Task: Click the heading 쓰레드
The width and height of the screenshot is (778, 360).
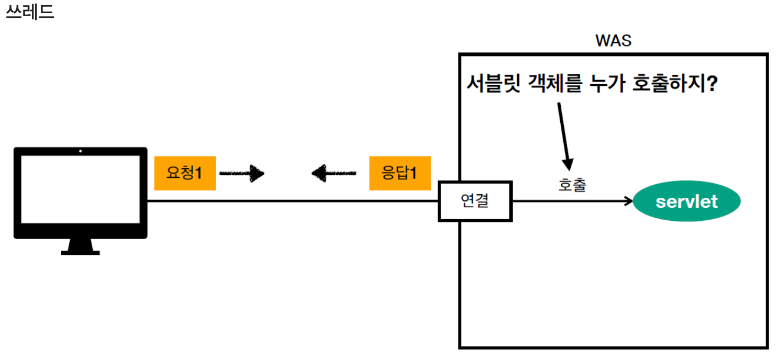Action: [x=30, y=12]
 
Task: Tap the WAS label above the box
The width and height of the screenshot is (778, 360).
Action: [x=613, y=41]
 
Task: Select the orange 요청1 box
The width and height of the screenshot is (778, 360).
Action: [x=185, y=173]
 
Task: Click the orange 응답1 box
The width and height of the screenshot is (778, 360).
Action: [x=399, y=173]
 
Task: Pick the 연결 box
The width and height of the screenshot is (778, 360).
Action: [x=475, y=201]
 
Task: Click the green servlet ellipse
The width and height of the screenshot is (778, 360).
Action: [x=686, y=201]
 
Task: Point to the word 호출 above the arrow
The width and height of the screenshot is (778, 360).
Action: [x=572, y=185]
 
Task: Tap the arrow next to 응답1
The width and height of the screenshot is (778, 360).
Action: [x=334, y=173]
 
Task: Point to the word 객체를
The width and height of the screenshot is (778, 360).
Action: [x=552, y=84]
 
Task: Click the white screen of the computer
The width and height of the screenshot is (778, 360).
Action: [x=80, y=189]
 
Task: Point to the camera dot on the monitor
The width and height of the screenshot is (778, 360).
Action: [x=80, y=151]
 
